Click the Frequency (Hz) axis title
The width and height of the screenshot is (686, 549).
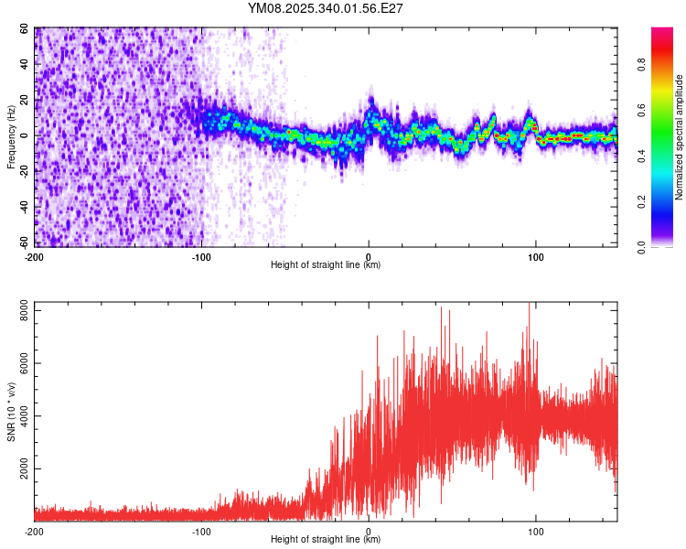11,137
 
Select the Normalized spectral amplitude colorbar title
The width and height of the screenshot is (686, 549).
679,137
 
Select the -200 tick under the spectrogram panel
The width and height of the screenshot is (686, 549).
34,256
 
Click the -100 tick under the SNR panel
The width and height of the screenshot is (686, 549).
201,531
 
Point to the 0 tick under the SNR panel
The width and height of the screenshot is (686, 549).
369,531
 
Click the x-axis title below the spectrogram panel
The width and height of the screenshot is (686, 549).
326,265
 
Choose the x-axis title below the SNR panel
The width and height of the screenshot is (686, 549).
326,540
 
